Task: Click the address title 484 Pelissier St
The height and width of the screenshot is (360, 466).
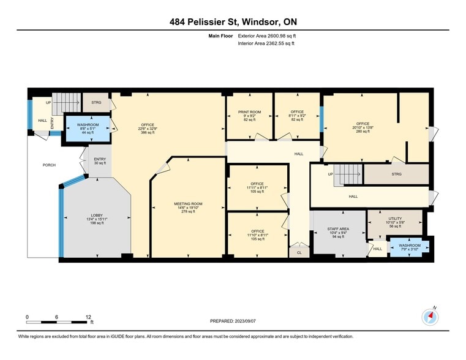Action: (x=233, y=22)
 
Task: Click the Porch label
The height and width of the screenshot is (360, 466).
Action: (x=49, y=165)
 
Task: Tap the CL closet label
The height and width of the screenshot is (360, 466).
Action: (x=299, y=252)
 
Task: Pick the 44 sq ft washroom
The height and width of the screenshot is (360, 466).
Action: (x=88, y=129)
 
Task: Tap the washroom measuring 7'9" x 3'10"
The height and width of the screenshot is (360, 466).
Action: (x=410, y=246)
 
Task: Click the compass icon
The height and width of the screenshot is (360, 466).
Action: (x=430, y=317)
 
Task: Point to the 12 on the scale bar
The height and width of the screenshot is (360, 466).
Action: (x=89, y=317)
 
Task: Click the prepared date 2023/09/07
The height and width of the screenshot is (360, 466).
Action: (x=233, y=321)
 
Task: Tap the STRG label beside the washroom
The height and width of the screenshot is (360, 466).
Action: (x=96, y=102)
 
